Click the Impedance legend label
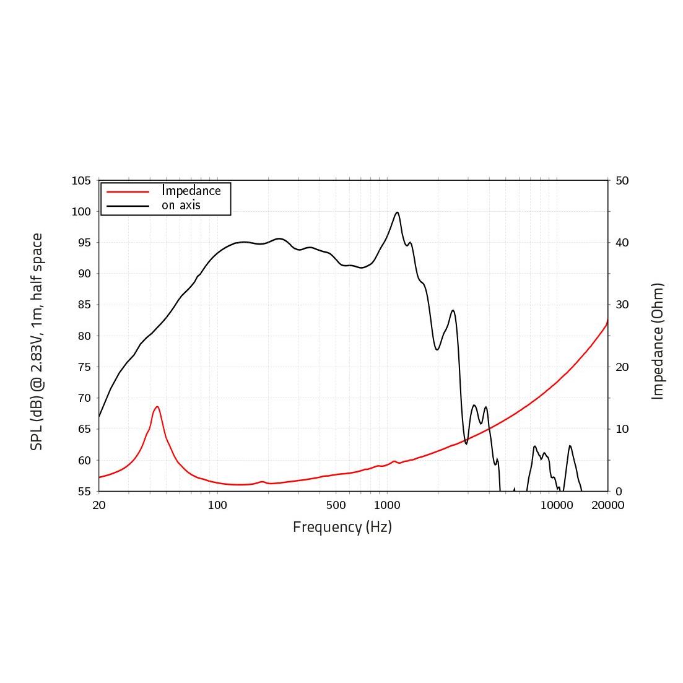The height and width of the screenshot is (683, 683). coord(191,191)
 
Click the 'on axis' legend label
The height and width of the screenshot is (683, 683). coord(181,205)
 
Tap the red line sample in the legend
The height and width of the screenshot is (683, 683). coord(128,191)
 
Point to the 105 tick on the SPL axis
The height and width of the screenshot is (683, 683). coord(81,181)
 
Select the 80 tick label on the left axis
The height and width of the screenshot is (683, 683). coord(81,336)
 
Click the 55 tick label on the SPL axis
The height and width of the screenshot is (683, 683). coord(81,492)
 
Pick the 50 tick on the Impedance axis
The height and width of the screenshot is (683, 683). coord(622,181)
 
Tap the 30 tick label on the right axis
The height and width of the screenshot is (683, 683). coord(622,305)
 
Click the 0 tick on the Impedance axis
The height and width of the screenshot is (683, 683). coord(619,492)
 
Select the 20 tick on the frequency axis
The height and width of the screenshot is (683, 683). coord(99,505)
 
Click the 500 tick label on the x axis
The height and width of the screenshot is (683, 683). coord(336,505)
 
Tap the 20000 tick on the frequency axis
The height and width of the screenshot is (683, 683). coord(607,505)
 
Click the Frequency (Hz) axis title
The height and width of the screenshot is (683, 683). coord(342,527)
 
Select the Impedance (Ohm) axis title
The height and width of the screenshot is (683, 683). coord(658,341)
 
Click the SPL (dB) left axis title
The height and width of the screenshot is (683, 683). coord(37,341)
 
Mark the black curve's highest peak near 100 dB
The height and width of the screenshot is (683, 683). coord(398,212)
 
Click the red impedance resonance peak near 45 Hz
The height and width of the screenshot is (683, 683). coord(157,407)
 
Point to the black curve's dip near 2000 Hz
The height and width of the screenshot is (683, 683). coord(437,350)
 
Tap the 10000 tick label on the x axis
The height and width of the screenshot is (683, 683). coord(557,505)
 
